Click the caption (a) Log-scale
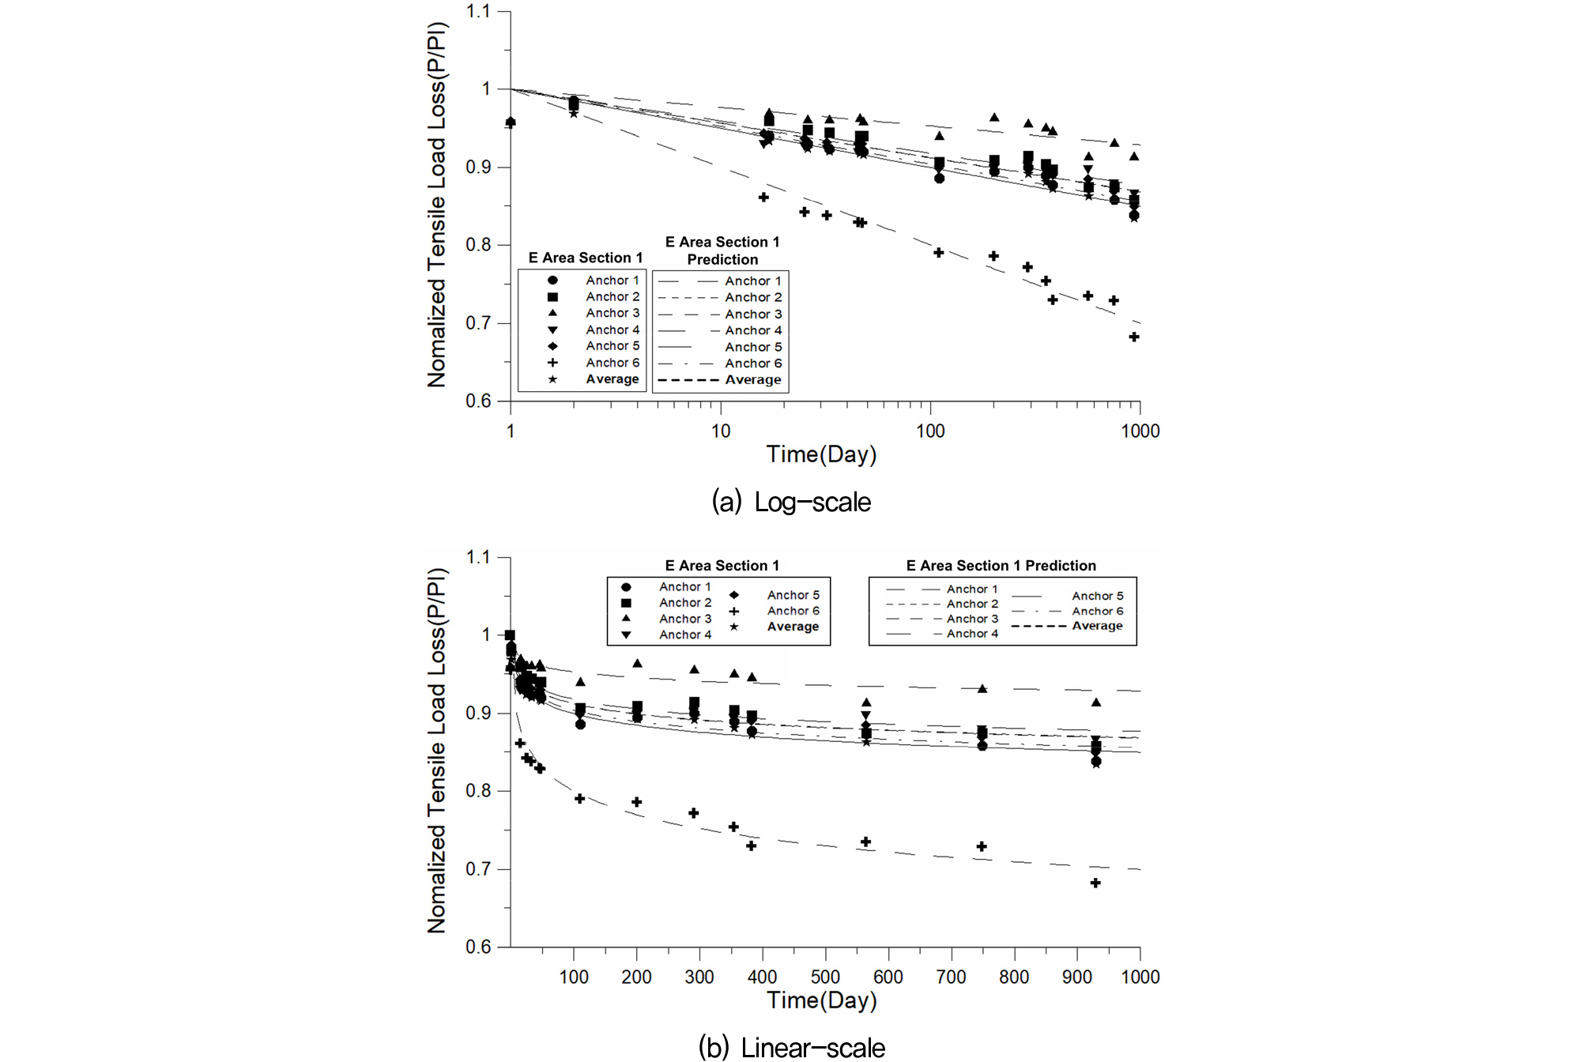click(x=791, y=502)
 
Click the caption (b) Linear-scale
click(x=791, y=1047)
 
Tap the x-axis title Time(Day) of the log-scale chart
click(x=821, y=454)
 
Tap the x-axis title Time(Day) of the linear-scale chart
click(x=821, y=1000)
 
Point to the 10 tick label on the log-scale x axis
click(x=720, y=431)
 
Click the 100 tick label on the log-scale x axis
click(x=930, y=431)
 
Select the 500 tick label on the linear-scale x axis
click(x=825, y=977)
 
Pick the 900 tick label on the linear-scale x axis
click(x=1077, y=977)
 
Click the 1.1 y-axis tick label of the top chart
click(x=477, y=11)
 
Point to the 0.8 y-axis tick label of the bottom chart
click(x=477, y=791)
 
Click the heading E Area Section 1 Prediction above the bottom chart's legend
click(x=1001, y=566)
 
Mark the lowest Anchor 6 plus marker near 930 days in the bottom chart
click(x=1095, y=883)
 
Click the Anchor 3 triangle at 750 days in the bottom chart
click(x=982, y=689)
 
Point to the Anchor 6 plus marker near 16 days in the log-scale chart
click(x=763, y=197)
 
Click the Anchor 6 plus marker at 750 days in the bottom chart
click(x=982, y=846)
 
